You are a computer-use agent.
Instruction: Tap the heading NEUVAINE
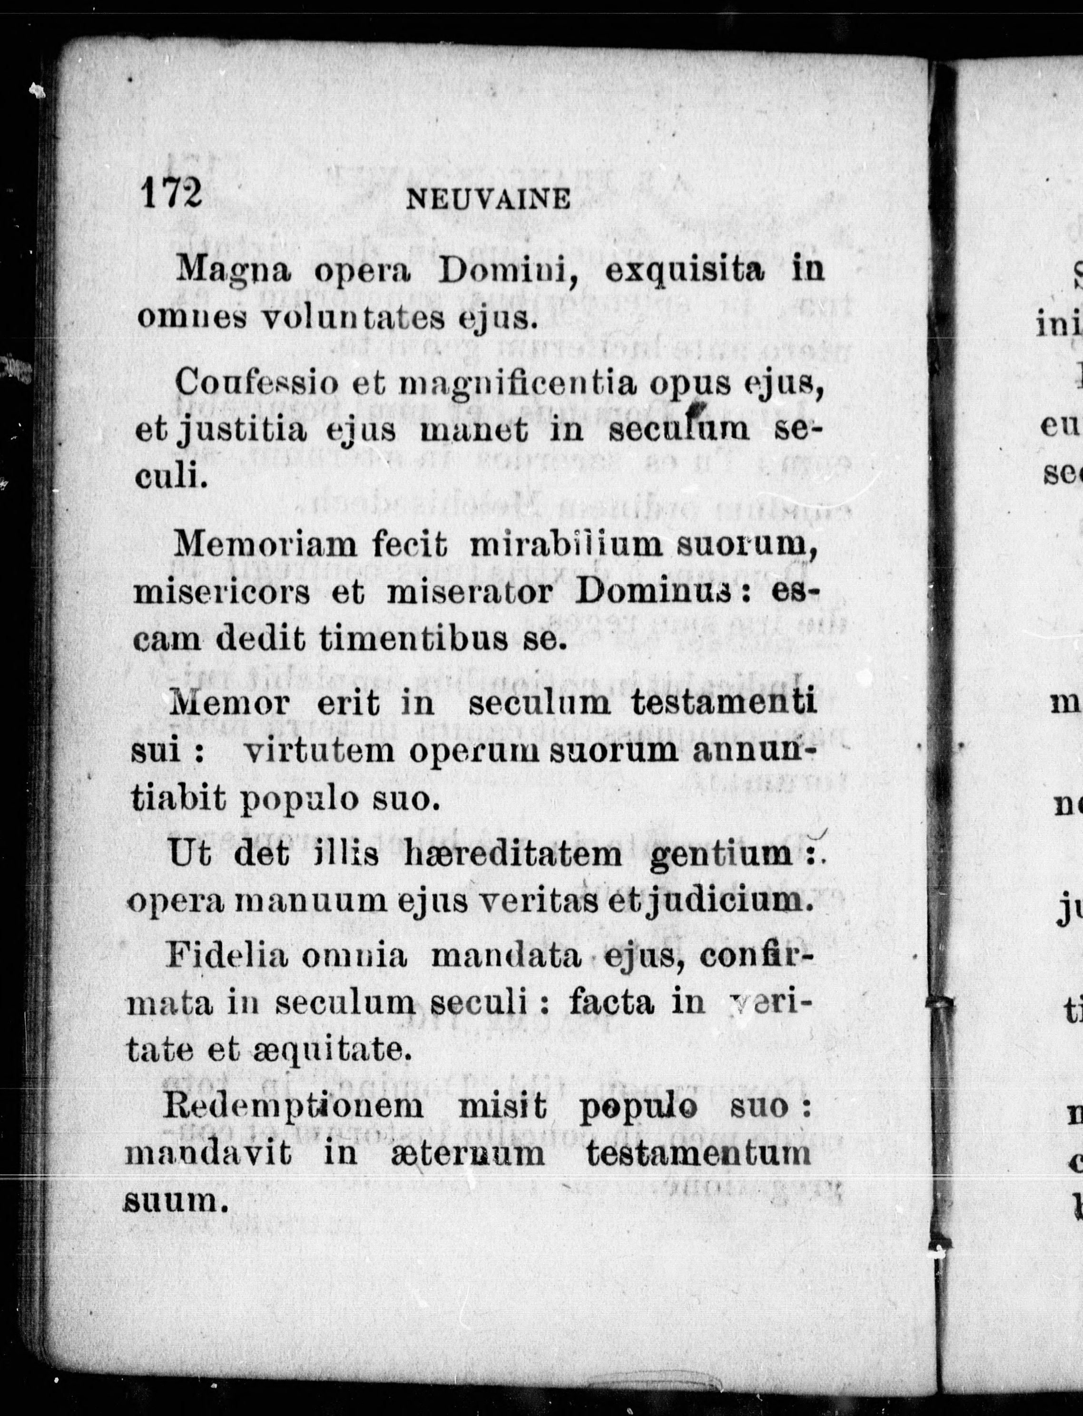point(489,199)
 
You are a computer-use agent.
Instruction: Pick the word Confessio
point(256,385)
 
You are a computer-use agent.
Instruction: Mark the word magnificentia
point(518,386)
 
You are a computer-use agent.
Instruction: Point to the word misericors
point(221,593)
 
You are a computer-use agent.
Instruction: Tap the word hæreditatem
point(513,855)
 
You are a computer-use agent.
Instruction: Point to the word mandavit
point(207,1153)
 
